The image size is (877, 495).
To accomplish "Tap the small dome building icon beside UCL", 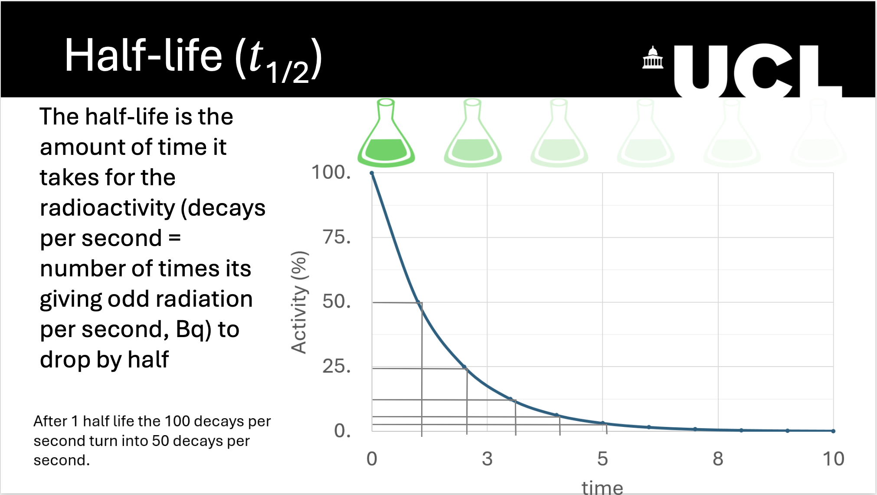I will click(652, 58).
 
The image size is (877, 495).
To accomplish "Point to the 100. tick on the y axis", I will click(331, 172).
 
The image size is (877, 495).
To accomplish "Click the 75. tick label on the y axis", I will click(336, 237).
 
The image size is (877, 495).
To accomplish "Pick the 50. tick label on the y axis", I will click(336, 302).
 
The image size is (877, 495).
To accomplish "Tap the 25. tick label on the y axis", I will click(336, 366).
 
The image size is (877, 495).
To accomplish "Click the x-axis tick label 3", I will click(487, 459).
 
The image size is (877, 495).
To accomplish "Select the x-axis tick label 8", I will click(718, 459).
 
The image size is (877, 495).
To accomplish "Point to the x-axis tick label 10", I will click(833, 459).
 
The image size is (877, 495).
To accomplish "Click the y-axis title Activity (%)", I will click(299, 302).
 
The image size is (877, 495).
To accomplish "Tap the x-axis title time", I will click(602, 488).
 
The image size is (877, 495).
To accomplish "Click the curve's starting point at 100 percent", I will click(372, 173).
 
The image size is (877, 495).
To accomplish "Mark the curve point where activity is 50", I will click(419, 302).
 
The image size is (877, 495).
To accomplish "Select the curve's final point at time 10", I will click(833, 431).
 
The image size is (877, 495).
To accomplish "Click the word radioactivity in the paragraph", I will click(107, 208).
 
